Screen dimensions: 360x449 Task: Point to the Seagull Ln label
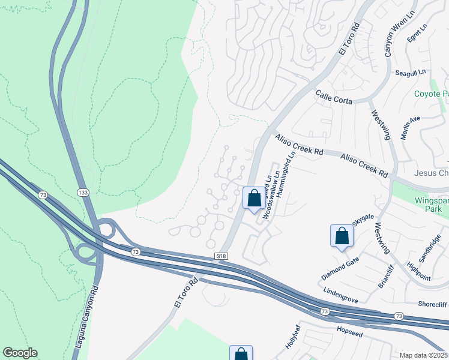410,72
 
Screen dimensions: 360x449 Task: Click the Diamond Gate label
340,268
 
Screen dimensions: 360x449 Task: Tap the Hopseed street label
350,331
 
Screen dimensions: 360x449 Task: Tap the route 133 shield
83,191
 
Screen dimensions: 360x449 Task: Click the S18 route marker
221,256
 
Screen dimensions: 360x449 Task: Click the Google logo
20,353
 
